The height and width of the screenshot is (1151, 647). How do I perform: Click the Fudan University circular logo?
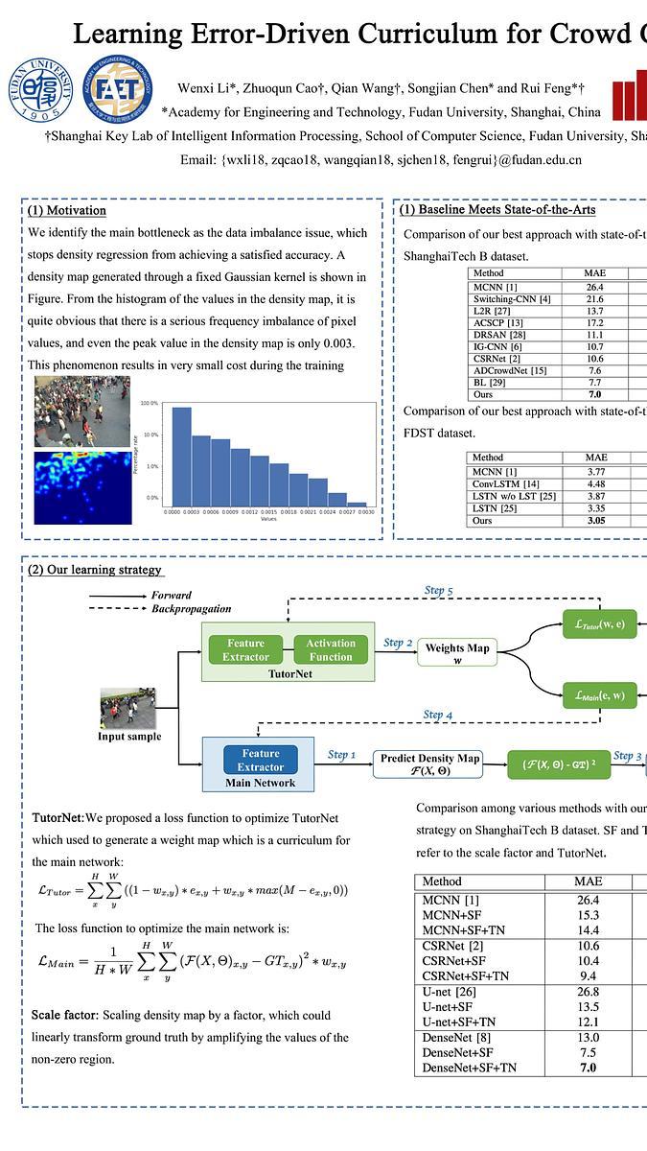click(40, 90)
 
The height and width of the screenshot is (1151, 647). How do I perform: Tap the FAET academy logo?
click(117, 89)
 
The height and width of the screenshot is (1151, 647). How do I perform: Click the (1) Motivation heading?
click(67, 210)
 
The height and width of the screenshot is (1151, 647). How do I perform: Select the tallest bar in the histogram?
click(181, 456)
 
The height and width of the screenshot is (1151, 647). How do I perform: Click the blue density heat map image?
click(82, 487)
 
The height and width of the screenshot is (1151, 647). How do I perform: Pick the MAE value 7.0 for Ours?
click(594, 394)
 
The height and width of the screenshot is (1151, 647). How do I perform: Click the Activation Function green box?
click(331, 649)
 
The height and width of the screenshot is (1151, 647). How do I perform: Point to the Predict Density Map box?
click(429, 764)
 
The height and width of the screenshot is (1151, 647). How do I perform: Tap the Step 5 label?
click(438, 591)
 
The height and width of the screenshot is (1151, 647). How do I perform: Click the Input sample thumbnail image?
click(128, 708)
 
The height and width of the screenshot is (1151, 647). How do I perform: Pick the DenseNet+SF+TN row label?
click(470, 1068)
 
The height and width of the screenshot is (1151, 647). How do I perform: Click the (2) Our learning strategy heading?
click(95, 570)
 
